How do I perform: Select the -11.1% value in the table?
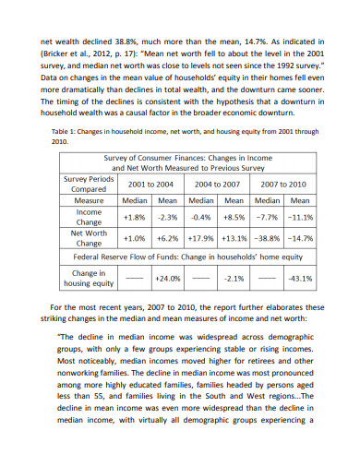299,218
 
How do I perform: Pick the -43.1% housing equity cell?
299,278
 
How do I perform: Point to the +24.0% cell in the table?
167,278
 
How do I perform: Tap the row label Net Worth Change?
89,238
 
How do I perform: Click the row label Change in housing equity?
89,278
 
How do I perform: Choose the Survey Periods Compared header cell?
89,185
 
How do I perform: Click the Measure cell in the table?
89,200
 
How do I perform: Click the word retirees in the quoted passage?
268,376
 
